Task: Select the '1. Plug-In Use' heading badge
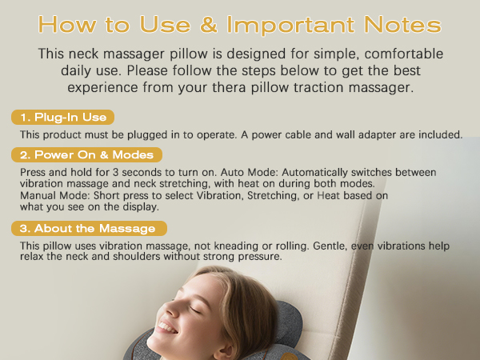click(x=63, y=118)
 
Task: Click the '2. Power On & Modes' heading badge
click(x=86, y=154)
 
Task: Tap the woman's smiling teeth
click(x=166, y=327)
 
